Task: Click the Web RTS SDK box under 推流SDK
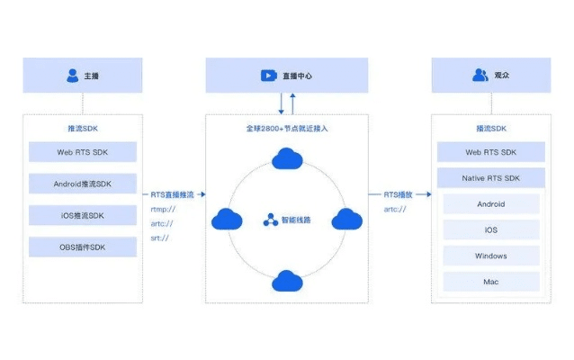82,152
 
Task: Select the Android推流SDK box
82,184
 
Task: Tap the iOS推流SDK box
82,215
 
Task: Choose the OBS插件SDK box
82,247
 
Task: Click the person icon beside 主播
72,76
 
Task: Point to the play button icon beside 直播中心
268,76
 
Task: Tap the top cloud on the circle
286,159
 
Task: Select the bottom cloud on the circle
286,280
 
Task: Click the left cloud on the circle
227,219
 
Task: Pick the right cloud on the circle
346,219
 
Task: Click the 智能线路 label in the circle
294,220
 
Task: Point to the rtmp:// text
163,209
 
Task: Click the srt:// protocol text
160,238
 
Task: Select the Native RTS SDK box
490,178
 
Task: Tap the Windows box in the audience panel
490,256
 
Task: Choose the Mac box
490,282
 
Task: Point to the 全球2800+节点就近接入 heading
286,129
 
